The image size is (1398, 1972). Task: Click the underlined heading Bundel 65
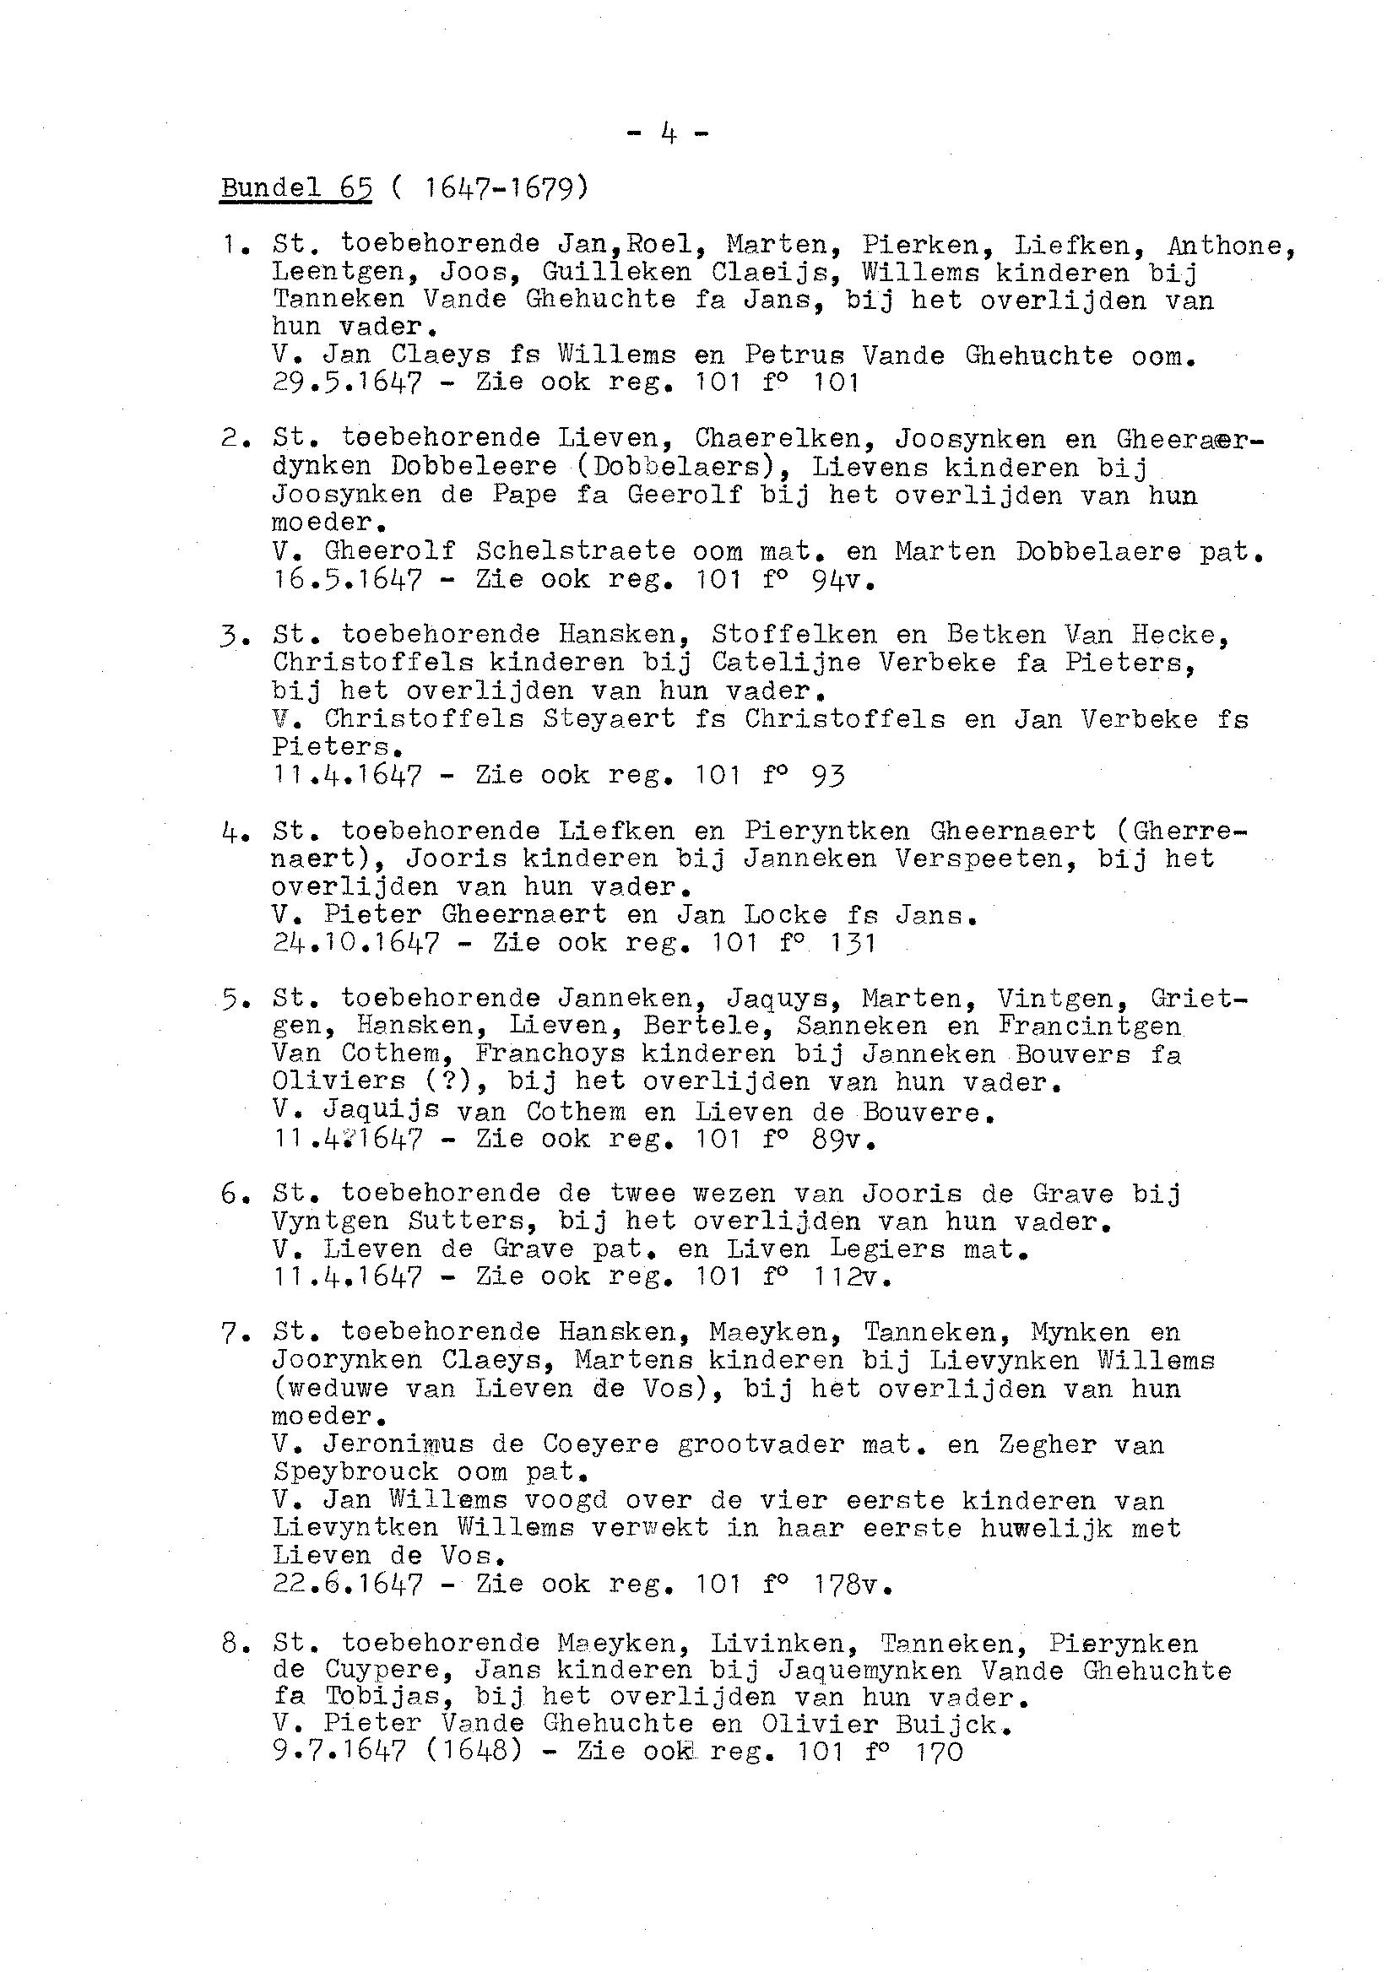296,187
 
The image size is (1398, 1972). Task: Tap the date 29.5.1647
348,382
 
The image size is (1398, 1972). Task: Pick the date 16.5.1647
348,579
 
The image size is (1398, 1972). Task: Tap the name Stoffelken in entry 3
794,634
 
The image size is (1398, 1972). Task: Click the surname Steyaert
609,718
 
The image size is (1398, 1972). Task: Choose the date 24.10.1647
356,943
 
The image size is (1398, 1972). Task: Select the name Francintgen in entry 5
1089,1026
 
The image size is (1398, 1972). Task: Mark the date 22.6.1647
348,1584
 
